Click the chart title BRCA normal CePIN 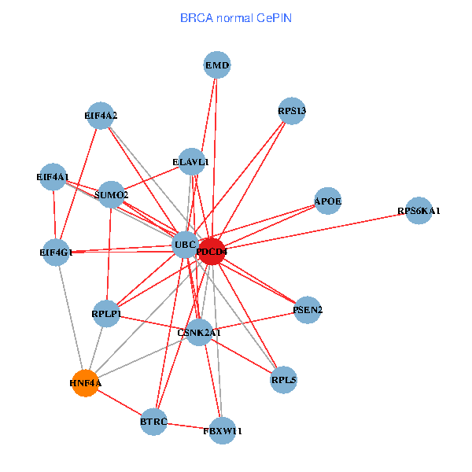pyautogui.click(x=236, y=17)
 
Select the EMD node pyautogui.click(x=217, y=65)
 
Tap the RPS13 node pyautogui.click(x=292, y=111)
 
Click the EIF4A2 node pyautogui.click(x=101, y=116)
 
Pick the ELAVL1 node pyautogui.click(x=191, y=162)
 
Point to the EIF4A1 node pyautogui.click(x=53, y=178)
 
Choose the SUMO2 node pyautogui.click(x=111, y=194)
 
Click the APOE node pyautogui.click(x=327, y=201)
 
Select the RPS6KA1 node pyautogui.click(x=419, y=211)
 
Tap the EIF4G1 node pyautogui.click(x=56, y=253)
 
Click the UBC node pyautogui.click(x=186, y=245)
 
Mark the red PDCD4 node pyautogui.click(x=212, y=251)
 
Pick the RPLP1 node pyautogui.click(x=105, y=314)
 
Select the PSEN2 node pyautogui.click(x=308, y=309)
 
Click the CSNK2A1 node pyautogui.click(x=199, y=333)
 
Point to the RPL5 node pyautogui.click(x=283, y=380)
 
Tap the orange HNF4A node pyautogui.click(x=85, y=383)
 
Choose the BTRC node pyautogui.click(x=154, y=422)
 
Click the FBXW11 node pyautogui.click(x=223, y=431)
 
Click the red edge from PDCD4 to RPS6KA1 pyautogui.click(x=315, y=231)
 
